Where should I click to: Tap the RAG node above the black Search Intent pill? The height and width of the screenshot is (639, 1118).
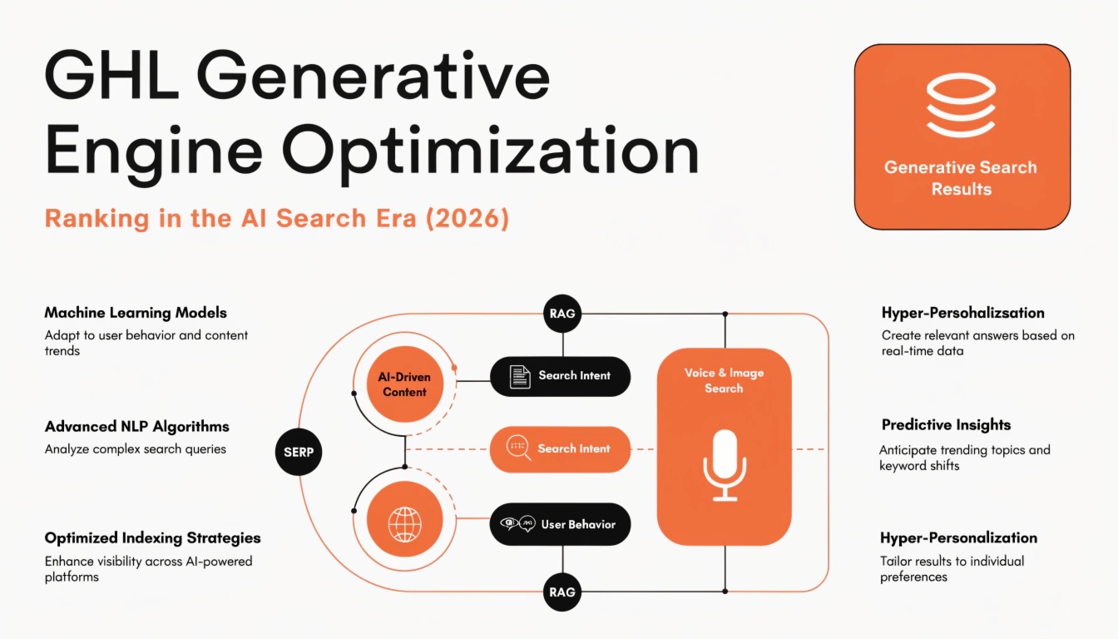tap(562, 314)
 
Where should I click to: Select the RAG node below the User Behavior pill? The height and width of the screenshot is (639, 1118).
tap(562, 592)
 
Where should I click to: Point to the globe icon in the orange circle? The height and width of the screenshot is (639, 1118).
tap(404, 525)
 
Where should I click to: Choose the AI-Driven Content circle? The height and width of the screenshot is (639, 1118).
tap(404, 384)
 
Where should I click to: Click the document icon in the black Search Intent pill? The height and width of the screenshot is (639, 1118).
tap(520, 376)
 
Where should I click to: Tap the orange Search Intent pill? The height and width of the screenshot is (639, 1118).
tap(560, 448)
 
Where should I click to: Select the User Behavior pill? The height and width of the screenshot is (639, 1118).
tap(560, 524)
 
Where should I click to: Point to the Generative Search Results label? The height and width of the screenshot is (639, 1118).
tap(961, 178)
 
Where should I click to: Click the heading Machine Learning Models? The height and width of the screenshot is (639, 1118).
tap(136, 313)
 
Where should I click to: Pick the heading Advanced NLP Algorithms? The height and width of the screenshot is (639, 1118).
tap(136, 426)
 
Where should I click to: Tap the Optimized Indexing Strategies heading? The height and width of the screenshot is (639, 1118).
tap(152, 537)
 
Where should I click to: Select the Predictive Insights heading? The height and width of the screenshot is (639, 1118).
tap(946, 424)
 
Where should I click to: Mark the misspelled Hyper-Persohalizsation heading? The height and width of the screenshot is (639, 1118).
tap(962, 313)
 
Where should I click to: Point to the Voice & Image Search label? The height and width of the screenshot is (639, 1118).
tap(724, 380)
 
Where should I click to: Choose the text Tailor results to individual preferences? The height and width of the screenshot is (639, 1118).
tap(952, 568)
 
